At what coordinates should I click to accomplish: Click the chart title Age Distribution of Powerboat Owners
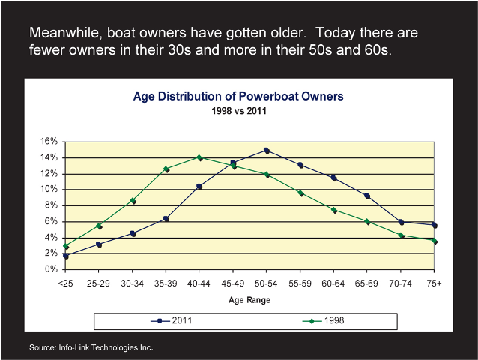[x=238, y=96]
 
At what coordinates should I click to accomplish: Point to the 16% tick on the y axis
[x=49, y=142]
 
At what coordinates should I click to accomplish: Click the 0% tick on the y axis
[x=51, y=269]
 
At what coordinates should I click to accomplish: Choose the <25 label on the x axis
[x=66, y=283]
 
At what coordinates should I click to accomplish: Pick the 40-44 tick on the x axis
[x=199, y=283]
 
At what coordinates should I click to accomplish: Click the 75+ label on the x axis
[x=434, y=283]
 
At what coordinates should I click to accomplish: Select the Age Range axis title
[x=249, y=299]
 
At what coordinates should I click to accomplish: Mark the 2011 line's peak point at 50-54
[x=267, y=151]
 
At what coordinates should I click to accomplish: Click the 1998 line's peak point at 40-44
[x=199, y=157]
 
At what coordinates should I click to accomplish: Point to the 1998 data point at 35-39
[x=166, y=169]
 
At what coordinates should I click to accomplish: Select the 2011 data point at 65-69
[x=367, y=196]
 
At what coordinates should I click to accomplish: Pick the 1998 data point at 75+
[x=435, y=241]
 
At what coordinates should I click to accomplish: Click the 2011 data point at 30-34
[x=133, y=233]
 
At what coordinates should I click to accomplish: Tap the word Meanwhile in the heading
[x=64, y=34]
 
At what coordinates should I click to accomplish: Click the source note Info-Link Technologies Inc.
[x=91, y=348]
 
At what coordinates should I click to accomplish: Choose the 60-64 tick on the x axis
[x=333, y=283]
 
